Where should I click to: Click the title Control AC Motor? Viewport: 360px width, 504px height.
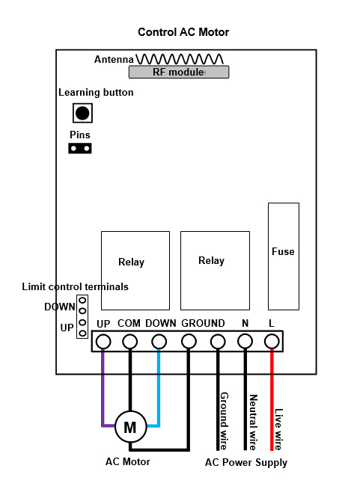183,32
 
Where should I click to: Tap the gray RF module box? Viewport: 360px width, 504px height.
179,72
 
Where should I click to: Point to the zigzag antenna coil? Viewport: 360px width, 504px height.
180,59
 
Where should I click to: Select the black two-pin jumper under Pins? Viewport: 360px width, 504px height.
80,149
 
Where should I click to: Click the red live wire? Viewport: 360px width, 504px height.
272,399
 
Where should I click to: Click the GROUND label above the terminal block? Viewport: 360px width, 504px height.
203,323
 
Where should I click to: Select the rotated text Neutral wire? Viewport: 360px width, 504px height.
254,422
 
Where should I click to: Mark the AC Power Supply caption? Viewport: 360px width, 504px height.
246,463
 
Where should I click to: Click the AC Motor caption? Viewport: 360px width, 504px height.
128,462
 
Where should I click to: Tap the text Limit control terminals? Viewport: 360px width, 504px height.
75,286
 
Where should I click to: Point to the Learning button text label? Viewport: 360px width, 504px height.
96,93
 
